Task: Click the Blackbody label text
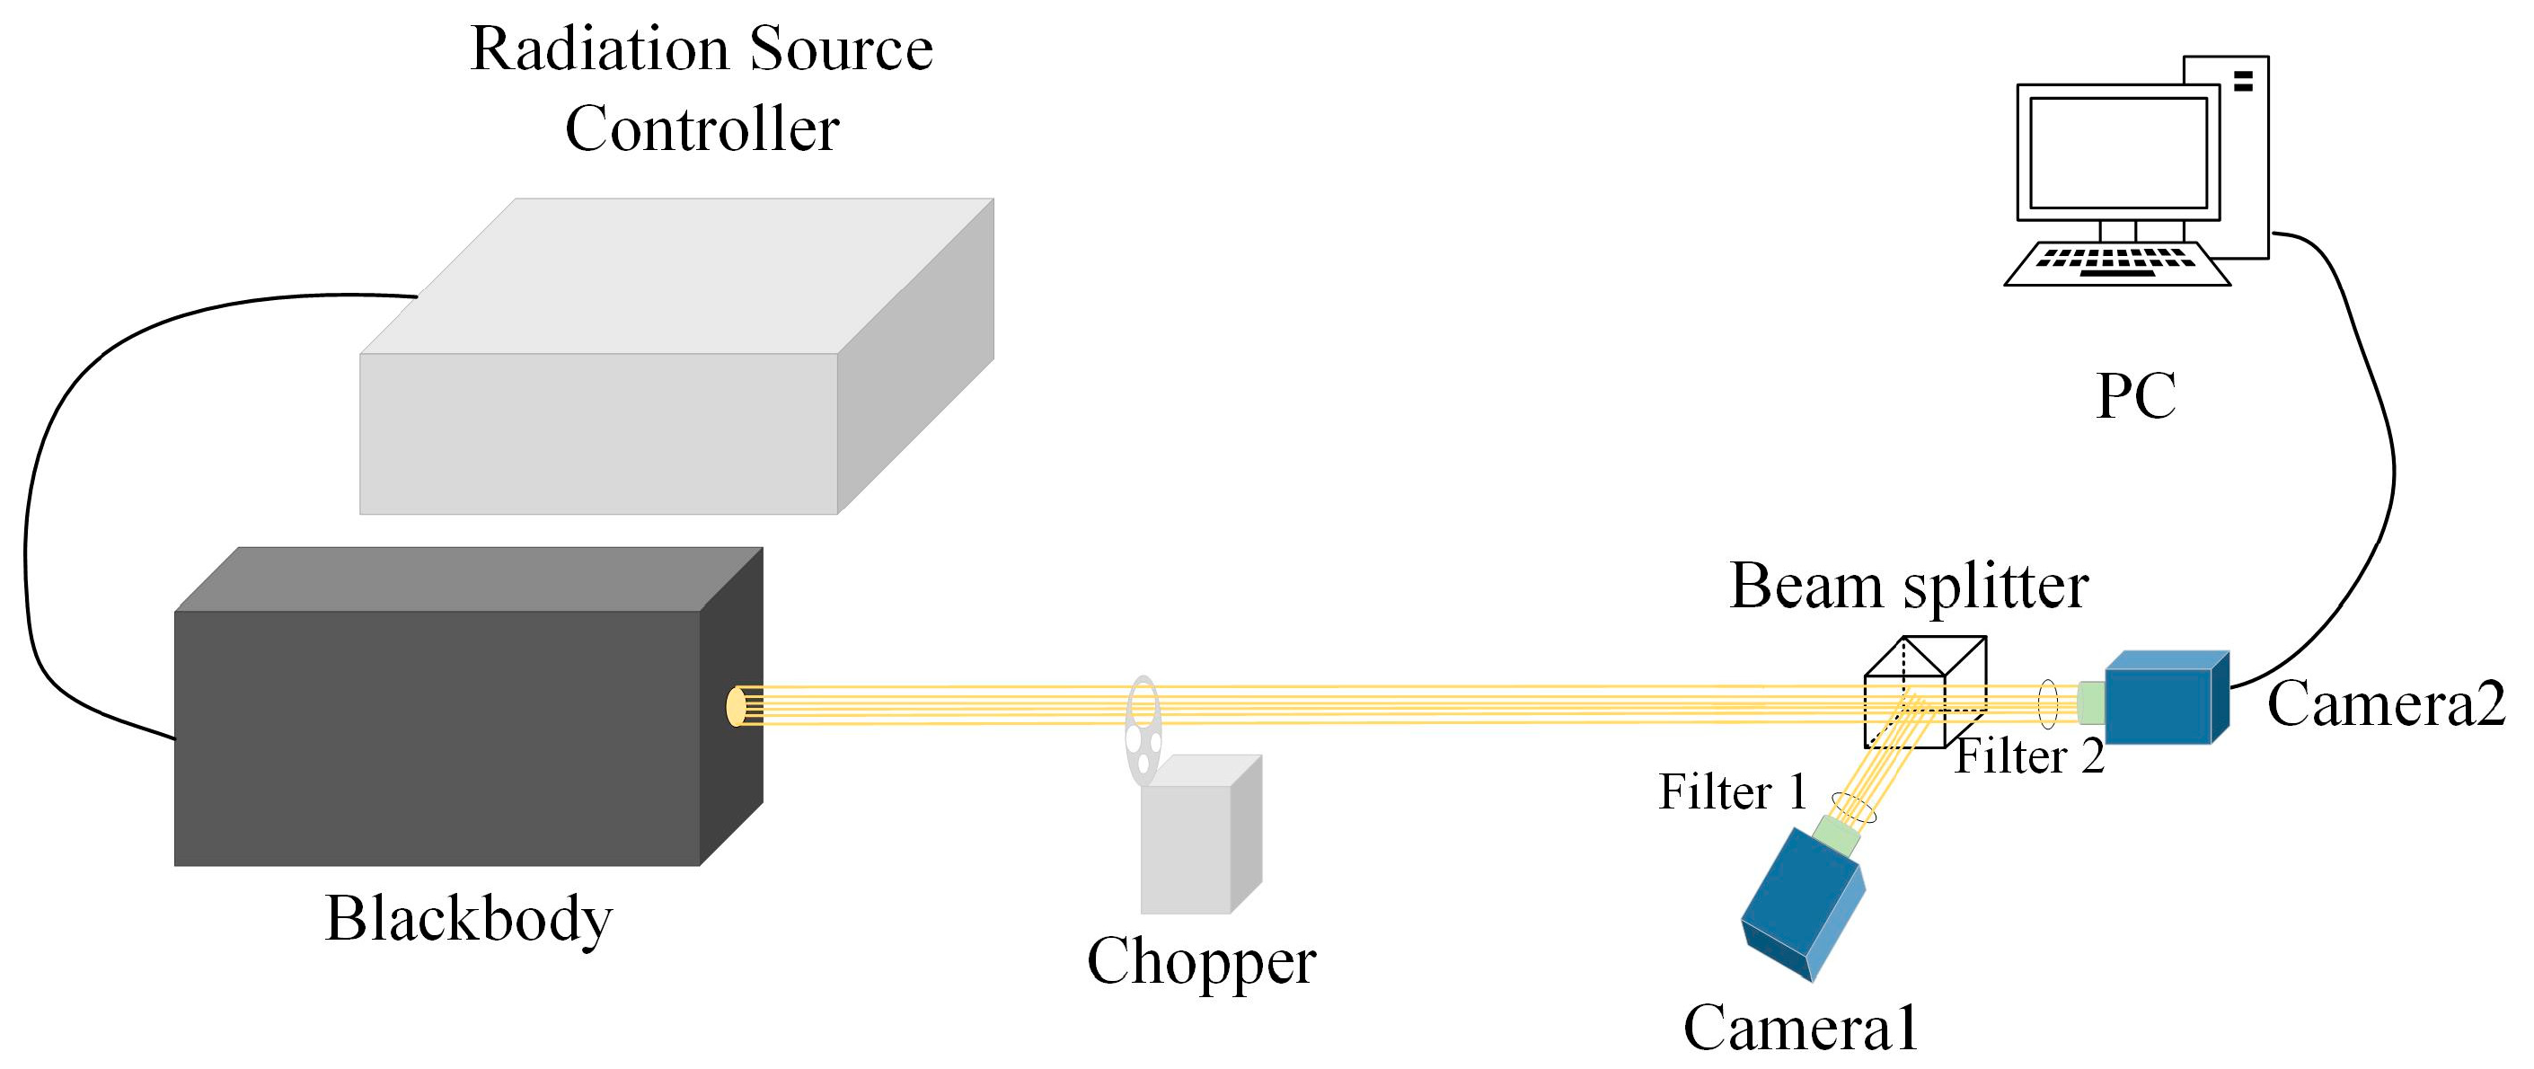click(x=468, y=919)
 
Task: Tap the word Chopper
click(x=1201, y=961)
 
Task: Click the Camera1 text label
click(x=1801, y=1028)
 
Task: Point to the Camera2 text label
click(x=2386, y=704)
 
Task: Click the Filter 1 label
click(x=1734, y=791)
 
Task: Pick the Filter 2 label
click(x=2029, y=756)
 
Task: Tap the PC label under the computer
click(x=2135, y=395)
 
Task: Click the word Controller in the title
click(x=702, y=128)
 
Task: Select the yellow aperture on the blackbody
click(x=735, y=706)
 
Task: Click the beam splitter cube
click(x=1923, y=694)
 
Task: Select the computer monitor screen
click(x=2118, y=153)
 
